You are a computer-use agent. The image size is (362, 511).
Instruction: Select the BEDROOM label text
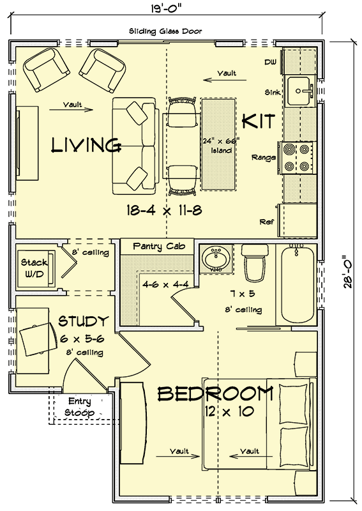[215, 394]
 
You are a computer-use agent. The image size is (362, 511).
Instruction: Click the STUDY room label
[83, 321]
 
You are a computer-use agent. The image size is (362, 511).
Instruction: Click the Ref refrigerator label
[267, 222]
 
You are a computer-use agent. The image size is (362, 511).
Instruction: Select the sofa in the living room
[134, 146]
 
